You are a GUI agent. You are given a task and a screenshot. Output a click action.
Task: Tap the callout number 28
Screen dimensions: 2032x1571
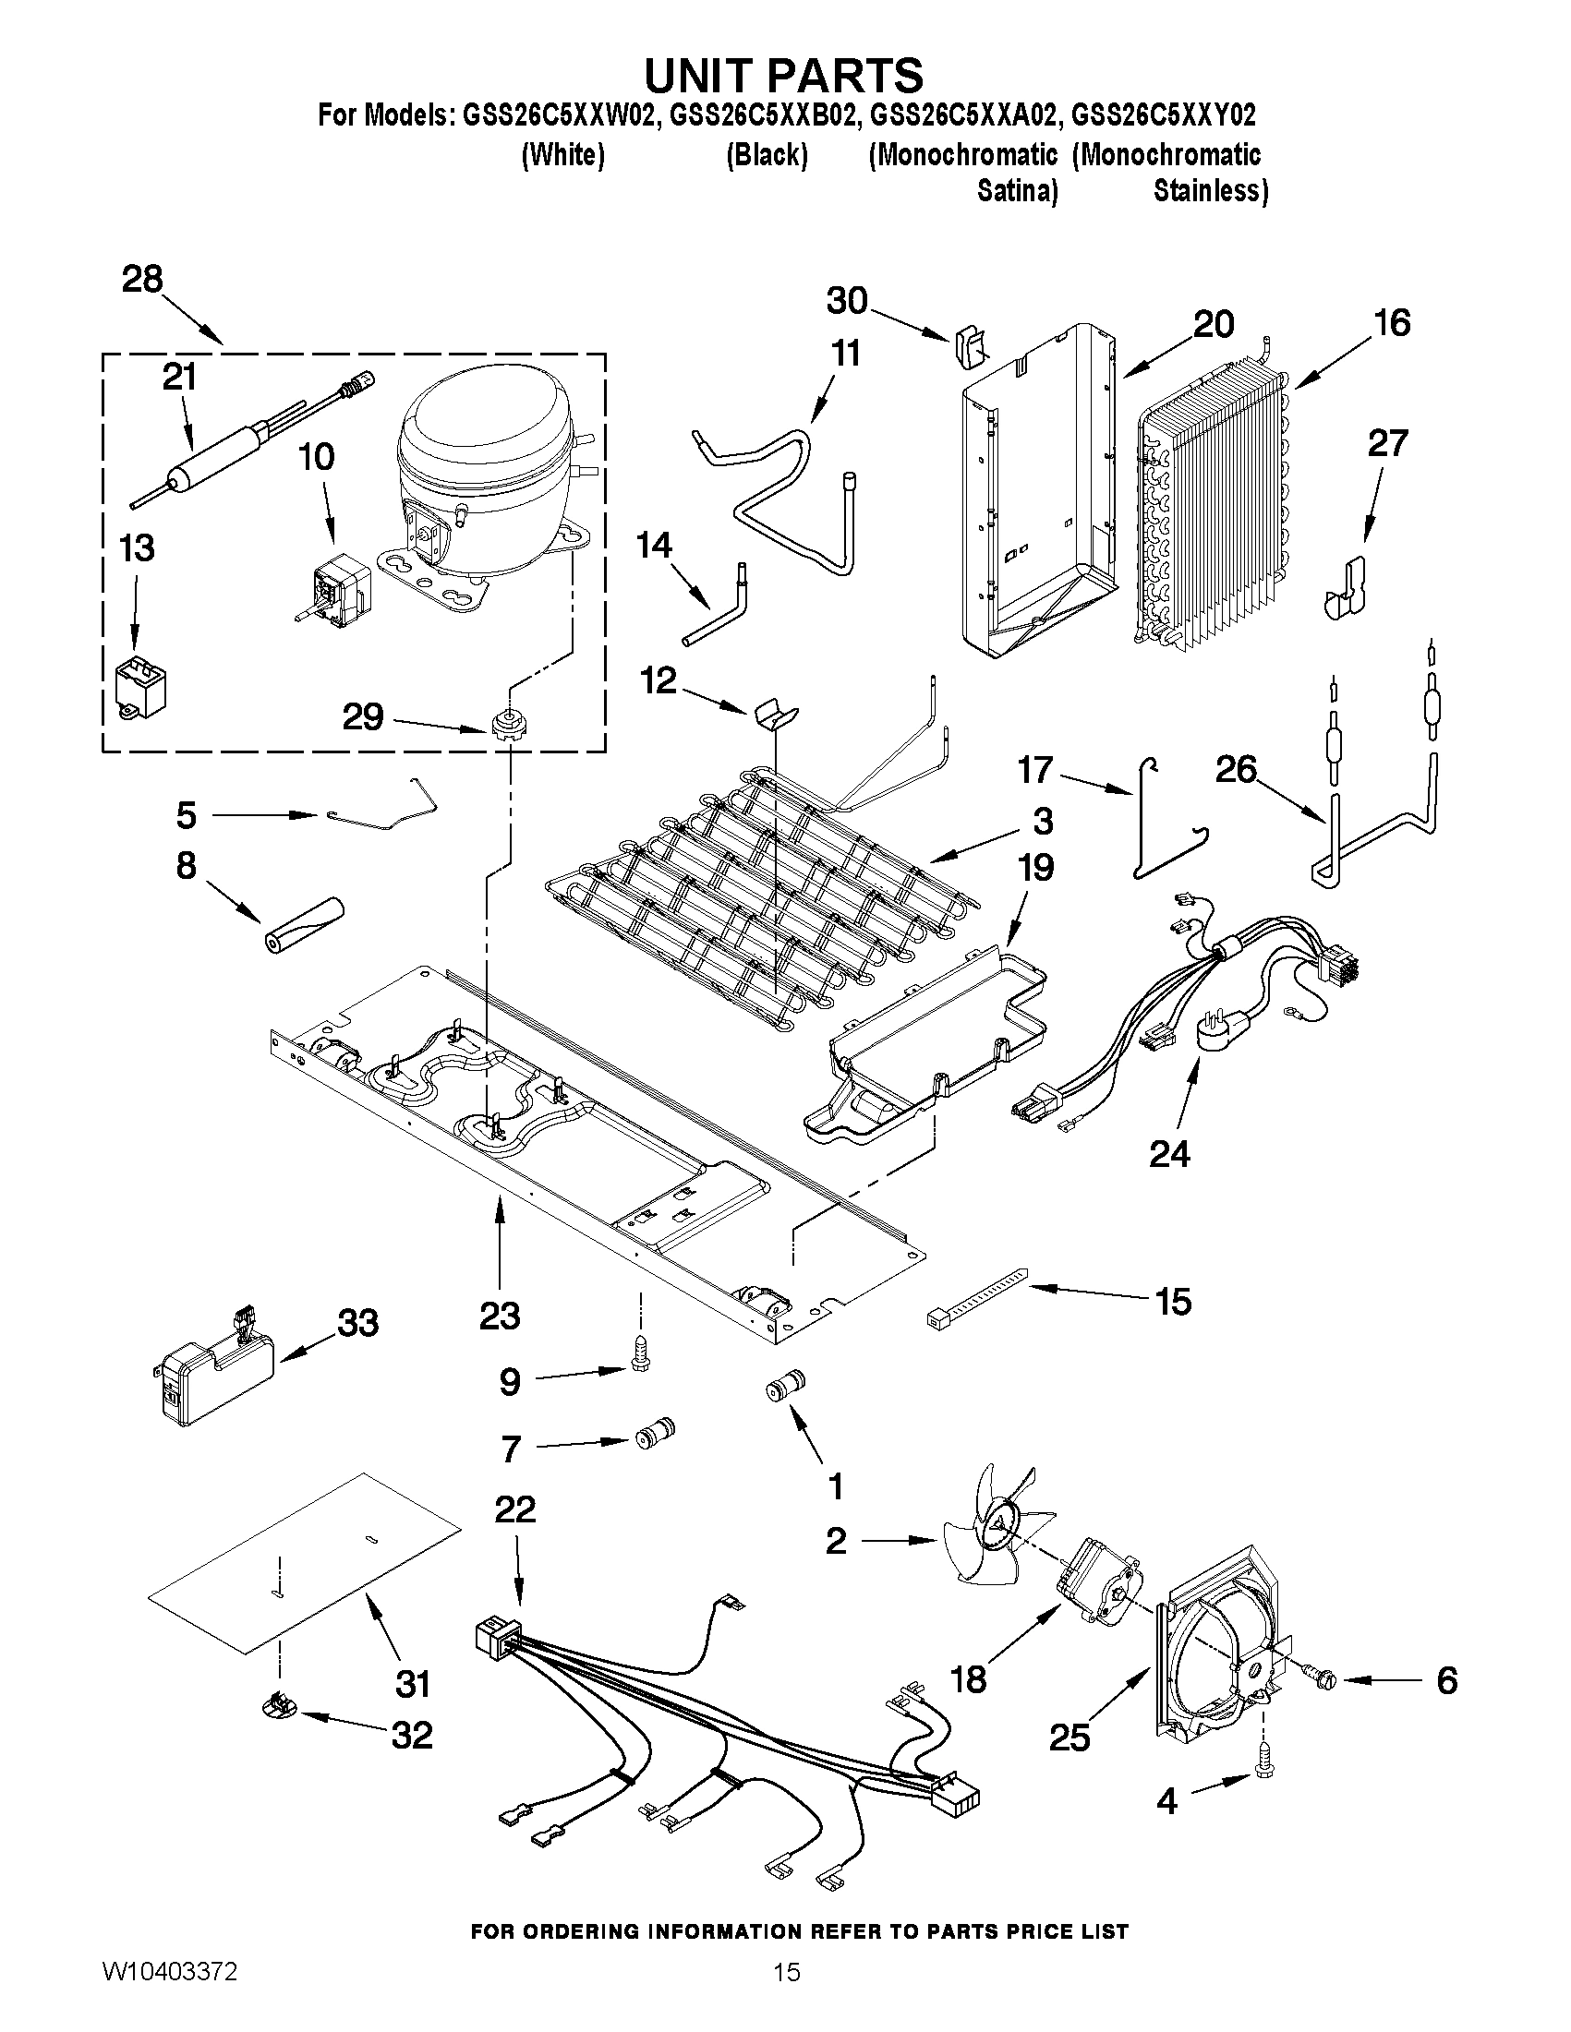142,279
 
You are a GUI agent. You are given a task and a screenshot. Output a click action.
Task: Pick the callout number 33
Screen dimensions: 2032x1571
357,1322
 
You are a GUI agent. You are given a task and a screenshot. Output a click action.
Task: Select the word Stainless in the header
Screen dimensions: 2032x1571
1210,191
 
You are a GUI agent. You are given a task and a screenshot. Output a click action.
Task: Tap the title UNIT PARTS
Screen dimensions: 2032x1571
783,75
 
